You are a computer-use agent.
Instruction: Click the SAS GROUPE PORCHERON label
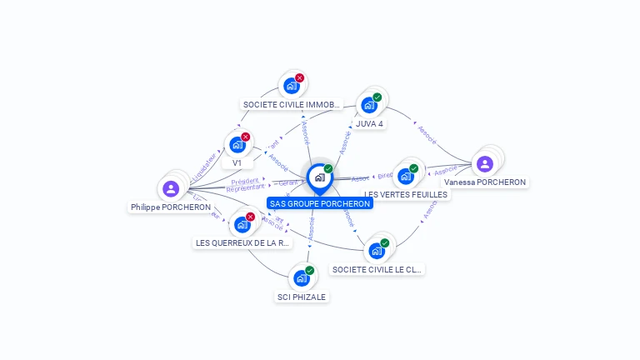[319, 203]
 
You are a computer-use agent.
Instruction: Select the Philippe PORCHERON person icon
[171, 189]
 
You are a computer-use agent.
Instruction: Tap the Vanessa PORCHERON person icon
[485, 164]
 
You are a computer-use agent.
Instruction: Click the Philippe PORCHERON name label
[171, 207]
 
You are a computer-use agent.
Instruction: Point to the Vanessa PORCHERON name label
[485, 182]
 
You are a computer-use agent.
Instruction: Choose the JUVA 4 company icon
[368, 106]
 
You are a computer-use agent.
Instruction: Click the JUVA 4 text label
[369, 124]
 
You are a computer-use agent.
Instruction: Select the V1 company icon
[237, 145]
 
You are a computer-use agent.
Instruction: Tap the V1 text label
[237, 162]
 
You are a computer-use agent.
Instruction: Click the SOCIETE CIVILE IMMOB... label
[292, 105]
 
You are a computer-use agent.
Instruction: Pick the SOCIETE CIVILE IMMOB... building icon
[292, 86]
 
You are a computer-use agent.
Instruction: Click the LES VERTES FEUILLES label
[406, 194]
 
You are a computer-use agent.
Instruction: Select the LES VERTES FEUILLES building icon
[406, 176]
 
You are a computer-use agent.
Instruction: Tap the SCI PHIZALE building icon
[302, 278]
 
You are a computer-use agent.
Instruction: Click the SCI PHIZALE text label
[302, 297]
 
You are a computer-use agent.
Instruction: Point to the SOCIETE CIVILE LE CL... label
[377, 269]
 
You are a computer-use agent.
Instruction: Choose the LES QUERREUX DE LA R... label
[242, 243]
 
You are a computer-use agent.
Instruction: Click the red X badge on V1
[246, 137]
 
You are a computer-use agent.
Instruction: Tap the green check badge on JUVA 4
[377, 97]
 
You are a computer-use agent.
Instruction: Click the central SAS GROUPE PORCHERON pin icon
[319, 177]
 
